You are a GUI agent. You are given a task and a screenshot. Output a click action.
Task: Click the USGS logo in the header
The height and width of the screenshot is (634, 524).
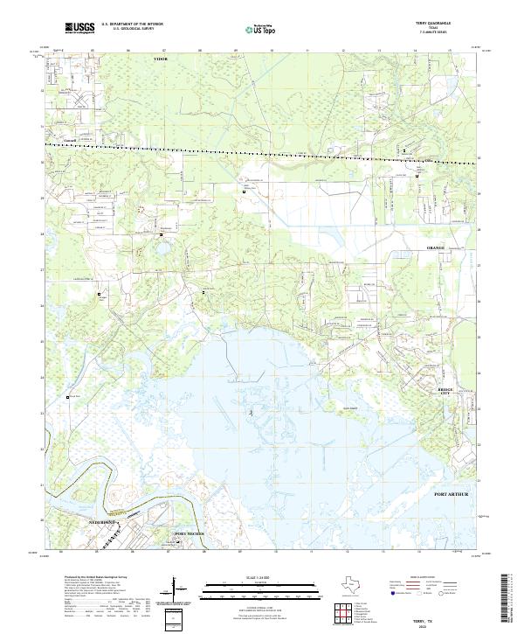[x=79, y=29]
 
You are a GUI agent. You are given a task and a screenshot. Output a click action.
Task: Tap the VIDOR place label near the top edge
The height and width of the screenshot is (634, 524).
[x=160, y=58]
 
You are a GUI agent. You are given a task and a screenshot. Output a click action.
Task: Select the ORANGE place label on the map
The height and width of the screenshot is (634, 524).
[x=435, y=248]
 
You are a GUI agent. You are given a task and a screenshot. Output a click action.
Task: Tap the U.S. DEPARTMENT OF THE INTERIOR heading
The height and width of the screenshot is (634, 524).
[x=132, y=24]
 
